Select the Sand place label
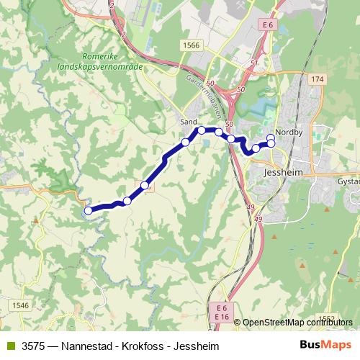[189, 122]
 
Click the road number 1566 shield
[191, 45]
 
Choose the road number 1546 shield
[20, 305]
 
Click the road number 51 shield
[254, 63]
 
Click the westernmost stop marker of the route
[88, 211]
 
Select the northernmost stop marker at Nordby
[271, 137]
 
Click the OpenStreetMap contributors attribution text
[297, 323]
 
